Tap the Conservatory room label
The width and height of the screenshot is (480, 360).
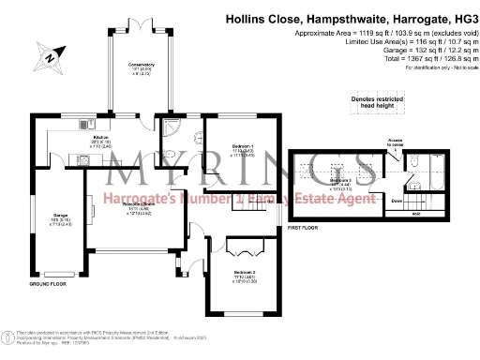tap(142, 68)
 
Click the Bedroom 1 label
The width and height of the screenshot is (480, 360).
tap(241, 148)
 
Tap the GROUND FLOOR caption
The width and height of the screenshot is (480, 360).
tap(47, 282)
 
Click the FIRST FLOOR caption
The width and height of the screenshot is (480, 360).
tap(306, 228)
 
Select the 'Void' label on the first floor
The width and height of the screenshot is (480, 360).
tap(416, 215)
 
